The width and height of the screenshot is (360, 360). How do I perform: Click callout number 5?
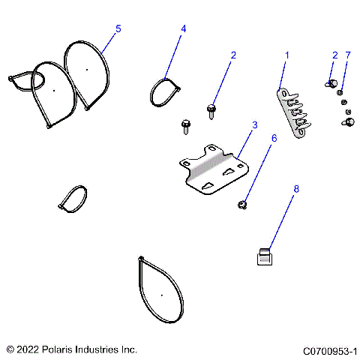[118, 28]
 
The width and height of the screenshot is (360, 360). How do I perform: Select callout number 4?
[183, 28]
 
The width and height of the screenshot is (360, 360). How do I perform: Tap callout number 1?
[286, 55]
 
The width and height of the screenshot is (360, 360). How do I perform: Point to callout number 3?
[254, 124]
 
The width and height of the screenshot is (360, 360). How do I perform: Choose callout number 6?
[274, 138]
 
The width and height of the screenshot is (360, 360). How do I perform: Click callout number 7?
[347, 55]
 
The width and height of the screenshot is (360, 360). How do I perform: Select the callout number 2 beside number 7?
[334, 55]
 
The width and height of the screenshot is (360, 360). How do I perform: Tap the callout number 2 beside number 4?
[233, 55]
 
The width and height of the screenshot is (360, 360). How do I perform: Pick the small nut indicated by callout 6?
[242, 203]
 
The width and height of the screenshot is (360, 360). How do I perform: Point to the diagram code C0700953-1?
[329, 349]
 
